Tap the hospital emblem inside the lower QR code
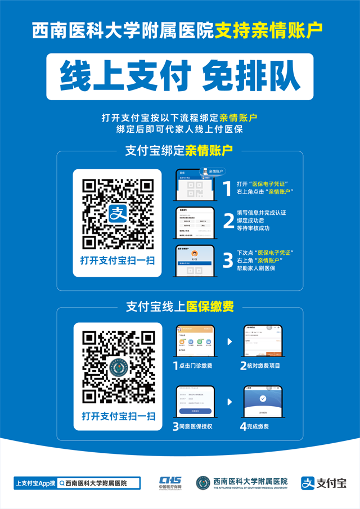pos(118,368)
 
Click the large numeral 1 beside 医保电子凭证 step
pos(227,188)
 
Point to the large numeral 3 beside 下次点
pos(228,260)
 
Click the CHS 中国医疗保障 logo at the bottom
pos(170,483)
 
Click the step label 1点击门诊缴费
pos(193,366)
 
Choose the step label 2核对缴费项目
pos(260,366)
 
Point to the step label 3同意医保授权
pos(193,426)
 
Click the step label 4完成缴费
pos(254,426)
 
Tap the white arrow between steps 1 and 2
pos(229,341)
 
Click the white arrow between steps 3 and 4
pos(229,402)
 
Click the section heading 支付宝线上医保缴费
pos(180,307)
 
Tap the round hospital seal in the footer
pos(203,483)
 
